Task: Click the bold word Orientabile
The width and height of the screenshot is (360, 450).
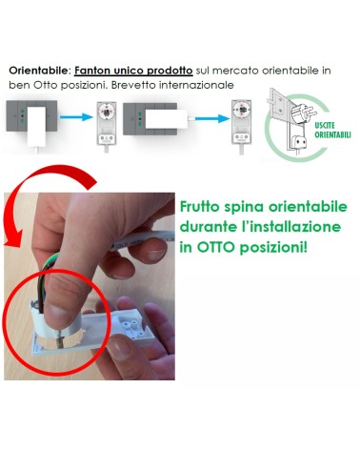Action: click(38, 71)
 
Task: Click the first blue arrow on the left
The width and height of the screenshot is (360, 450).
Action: click(76, 117)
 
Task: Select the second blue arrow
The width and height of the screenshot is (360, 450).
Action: click(212, 119)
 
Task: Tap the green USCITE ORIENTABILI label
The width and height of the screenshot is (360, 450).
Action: click(332, 130)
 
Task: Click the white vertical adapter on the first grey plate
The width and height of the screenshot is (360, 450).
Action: click(36, 127)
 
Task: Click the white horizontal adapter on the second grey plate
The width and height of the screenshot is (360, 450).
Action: click(167, 119)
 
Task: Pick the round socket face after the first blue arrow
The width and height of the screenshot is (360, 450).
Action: click(106, 111)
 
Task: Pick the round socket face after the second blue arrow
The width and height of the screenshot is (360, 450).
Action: click(242, 110)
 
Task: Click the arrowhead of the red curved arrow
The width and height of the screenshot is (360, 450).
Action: click(12, 237)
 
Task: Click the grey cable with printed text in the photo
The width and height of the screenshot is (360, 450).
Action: click(143, 240)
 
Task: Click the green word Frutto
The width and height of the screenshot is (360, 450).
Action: click(200, 207)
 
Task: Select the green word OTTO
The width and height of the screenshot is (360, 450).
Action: click(216, 247)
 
